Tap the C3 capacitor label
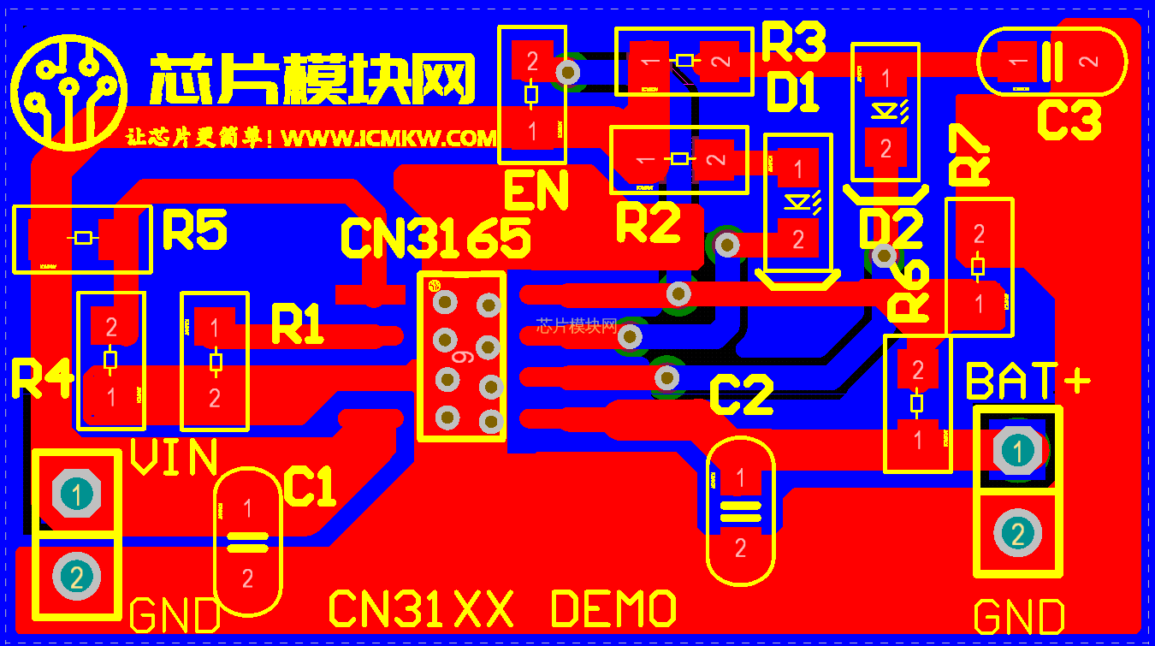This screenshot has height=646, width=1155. point(1069,120)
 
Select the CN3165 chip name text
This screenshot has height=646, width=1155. point(435,239)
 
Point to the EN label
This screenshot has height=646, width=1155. point(536,192)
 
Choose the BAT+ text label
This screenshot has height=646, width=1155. point(1028,382)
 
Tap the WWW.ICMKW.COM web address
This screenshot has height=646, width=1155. point(388,139)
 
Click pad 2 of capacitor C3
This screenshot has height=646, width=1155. point(1088,62)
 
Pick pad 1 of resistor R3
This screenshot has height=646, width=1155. point(650,61)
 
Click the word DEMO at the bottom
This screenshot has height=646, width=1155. point(613,609)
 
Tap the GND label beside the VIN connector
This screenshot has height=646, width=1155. point(175,615)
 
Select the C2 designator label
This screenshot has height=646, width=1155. point(741,395)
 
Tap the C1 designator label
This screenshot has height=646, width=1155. point(309,488)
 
